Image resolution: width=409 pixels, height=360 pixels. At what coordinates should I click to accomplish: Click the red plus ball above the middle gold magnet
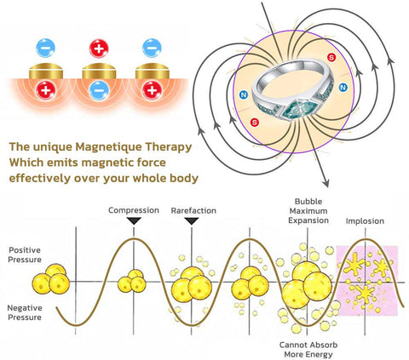[99, 49]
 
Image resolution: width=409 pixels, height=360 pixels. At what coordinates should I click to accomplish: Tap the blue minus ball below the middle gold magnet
[99, 91]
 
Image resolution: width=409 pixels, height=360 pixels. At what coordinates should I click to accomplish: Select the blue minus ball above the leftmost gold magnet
[45, 49]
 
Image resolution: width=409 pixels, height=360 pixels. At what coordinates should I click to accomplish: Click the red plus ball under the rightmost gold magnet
[152, 91]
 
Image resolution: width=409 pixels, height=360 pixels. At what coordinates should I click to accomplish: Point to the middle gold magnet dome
[99, 71]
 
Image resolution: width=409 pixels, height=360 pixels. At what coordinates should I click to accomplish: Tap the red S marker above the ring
[331, 57]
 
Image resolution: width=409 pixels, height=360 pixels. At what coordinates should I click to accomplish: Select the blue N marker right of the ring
[343, 88]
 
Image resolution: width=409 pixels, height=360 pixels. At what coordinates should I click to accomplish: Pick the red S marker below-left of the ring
[255, 123]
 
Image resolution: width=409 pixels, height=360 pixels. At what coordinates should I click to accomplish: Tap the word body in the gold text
[184, 179]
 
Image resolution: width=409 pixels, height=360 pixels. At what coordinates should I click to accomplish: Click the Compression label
[134, 210]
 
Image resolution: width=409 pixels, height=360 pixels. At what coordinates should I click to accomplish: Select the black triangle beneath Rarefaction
[192, 221]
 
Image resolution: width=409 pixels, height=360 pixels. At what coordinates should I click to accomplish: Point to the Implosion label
[365, 221]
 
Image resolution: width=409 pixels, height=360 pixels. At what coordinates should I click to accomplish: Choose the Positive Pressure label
[25, 254]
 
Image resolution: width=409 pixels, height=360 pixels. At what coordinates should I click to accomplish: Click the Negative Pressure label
[25, 312]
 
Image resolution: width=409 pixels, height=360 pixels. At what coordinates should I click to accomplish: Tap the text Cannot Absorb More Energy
[308, 350]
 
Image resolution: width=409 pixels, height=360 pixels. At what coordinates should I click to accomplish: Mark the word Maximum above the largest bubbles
[308, 211]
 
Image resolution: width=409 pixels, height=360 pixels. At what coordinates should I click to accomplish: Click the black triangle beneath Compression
[134, 221]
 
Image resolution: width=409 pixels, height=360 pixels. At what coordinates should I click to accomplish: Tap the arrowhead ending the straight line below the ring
[325, 183]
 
